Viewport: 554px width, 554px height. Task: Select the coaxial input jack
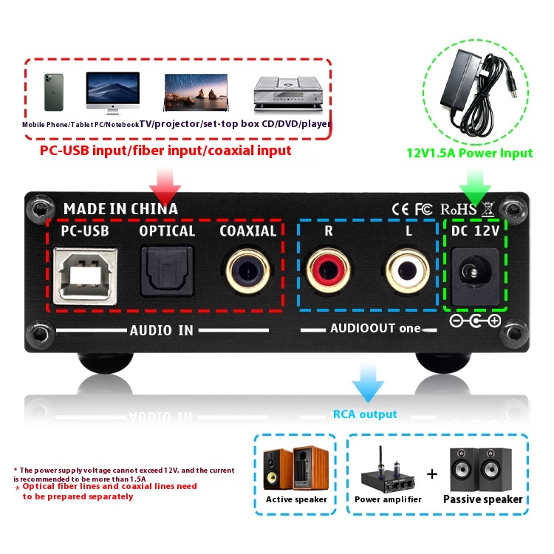(247, 271)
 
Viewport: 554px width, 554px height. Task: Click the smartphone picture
(53, 92)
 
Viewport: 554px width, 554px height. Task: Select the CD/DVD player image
(290, 94)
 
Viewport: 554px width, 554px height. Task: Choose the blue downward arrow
(369, 383)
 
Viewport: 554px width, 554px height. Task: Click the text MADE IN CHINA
(120, 209)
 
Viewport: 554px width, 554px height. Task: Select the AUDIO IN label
(162, 330)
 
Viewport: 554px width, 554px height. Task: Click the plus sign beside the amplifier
(432, 473)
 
